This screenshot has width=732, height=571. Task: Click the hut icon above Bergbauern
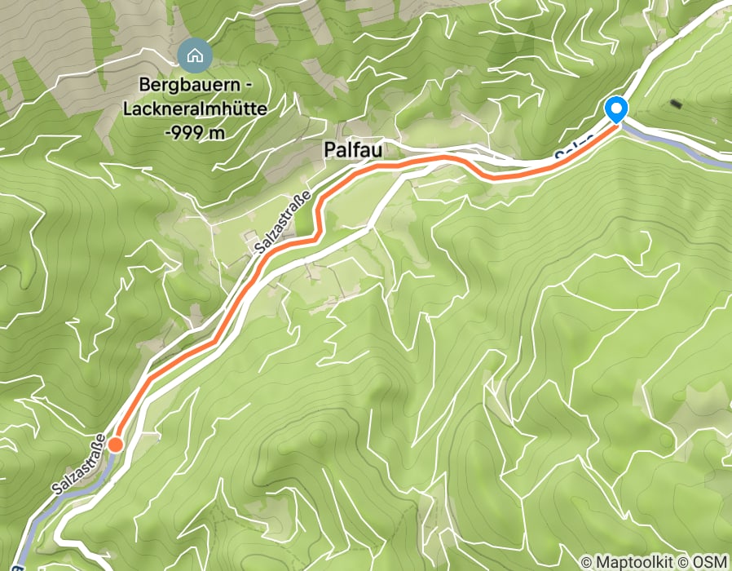point(195,55)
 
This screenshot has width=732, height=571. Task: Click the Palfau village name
point(353,151)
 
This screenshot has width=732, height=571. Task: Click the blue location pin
point(616,109)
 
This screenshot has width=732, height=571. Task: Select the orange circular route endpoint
point(116,445)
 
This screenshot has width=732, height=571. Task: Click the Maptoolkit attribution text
point(629,562)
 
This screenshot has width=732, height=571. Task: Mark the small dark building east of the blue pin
point(676,104)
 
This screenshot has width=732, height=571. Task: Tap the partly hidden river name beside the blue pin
point(572,153)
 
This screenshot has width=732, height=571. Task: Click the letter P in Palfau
point(329,151)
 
